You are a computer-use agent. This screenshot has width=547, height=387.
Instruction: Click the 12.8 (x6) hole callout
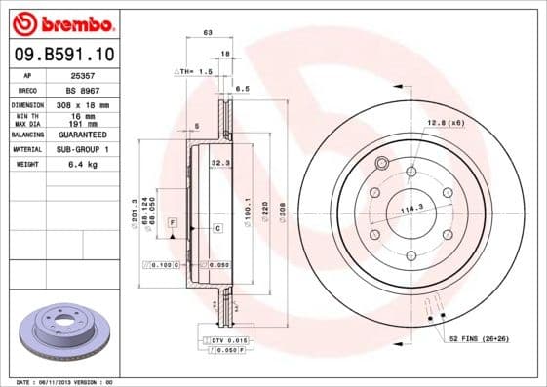[x=444, y=122]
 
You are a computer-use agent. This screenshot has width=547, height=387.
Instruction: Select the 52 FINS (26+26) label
[x=481, y=337]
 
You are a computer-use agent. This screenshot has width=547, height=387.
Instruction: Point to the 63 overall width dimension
[x=208, y=34]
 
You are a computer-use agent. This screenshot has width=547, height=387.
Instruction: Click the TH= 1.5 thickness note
[x=196, y=72]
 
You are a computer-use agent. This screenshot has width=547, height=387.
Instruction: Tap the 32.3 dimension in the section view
[x=219, y=165]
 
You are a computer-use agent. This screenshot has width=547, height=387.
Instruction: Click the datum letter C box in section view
[x=218, y=227]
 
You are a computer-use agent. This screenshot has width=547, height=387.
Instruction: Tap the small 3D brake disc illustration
[x=58, y=331]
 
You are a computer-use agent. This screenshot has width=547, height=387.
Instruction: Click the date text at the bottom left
[x=59, y=382]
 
